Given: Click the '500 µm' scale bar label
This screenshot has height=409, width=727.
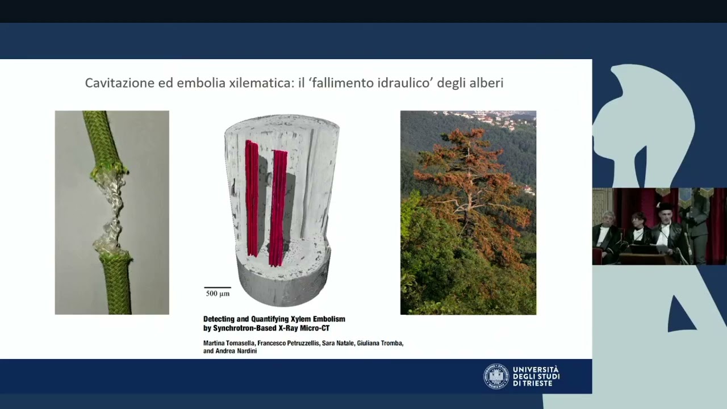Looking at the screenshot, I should (218, 294).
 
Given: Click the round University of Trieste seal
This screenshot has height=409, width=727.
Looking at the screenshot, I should (496, 376).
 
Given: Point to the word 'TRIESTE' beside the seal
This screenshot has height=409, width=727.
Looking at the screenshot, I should (540, 383).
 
